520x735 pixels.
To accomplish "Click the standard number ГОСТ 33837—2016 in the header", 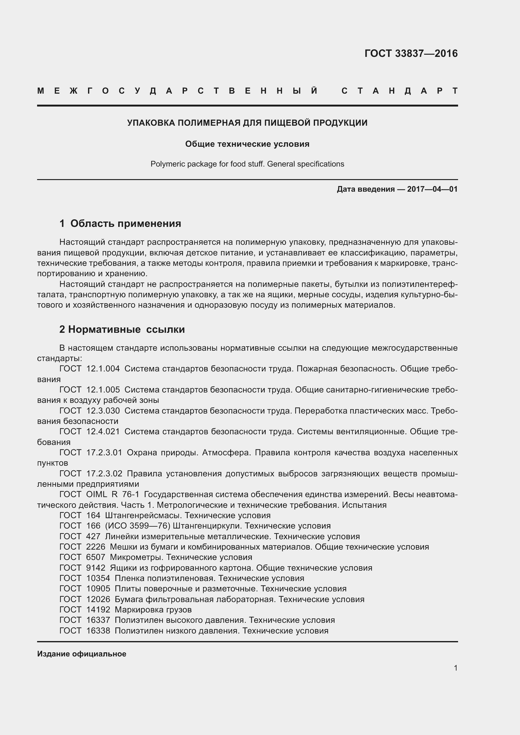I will [411, 53].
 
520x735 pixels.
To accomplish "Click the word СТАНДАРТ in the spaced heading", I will [399, 91].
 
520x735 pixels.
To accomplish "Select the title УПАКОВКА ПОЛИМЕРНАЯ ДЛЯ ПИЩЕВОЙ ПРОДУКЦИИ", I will [247, 123].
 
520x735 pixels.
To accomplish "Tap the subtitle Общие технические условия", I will [247, 144].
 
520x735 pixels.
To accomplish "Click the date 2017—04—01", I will [432, 189].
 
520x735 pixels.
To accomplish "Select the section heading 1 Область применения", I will [120, 223].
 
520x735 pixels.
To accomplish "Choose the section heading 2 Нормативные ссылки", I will [122, 329].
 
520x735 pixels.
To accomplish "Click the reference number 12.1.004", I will [103, 369].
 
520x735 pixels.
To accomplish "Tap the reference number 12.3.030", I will [103, 411].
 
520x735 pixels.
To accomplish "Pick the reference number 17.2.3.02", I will [104, 474].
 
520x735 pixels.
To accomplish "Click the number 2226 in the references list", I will [96, 547].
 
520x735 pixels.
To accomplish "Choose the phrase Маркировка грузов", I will [153, 610].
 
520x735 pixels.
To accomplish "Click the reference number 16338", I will [98, 631].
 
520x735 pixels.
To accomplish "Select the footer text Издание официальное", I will [82, 654].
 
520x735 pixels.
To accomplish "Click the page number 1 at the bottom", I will [455, 668].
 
